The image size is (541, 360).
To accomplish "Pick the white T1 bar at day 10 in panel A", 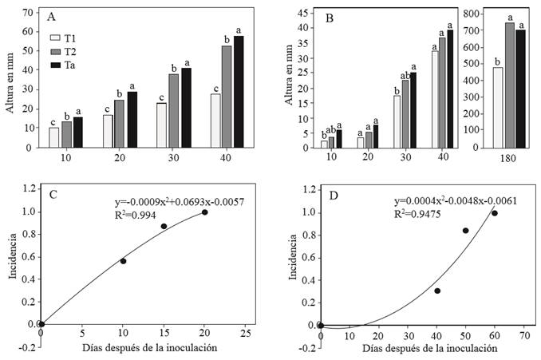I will (x=54, y=137).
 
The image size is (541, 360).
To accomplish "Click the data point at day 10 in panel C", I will (x=123, y=261).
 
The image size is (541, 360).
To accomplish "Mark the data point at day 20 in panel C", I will (x=205, y=212).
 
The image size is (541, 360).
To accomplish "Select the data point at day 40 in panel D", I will (x=437, y=291).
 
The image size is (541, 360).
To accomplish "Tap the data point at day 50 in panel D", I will (x=466, y=231).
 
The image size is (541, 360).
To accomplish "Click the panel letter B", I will (x=329, y=17).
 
